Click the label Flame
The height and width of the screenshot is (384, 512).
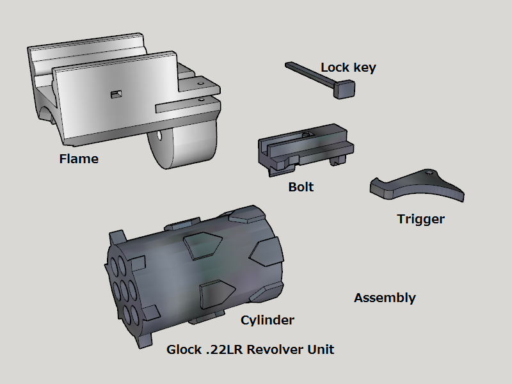[79, 159]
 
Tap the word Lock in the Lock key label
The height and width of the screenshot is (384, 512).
[335, 67]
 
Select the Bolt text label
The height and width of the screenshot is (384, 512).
[301, 188]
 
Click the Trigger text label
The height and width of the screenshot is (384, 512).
[420, 219]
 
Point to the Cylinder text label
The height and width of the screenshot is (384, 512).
[268, 320]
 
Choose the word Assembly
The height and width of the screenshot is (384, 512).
[385, 298]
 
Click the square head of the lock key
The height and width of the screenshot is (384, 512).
[345, 89]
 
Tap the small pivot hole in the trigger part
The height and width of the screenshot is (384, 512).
[428, 173]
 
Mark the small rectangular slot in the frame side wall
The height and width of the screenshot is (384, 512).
[116, 95]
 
